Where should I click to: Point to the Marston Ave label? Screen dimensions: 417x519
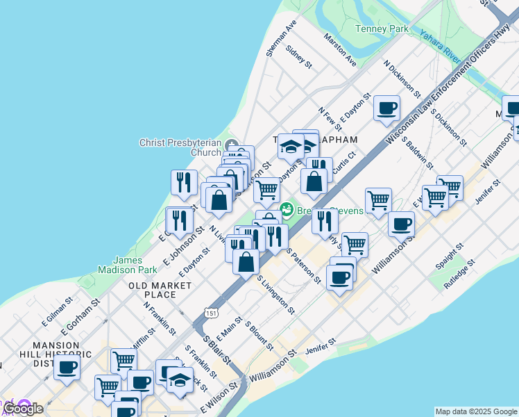point(339,51)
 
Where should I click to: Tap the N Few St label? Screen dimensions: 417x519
point(330,119)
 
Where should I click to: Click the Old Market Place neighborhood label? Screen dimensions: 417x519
point(160,290)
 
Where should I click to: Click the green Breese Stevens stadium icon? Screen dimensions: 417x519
point(286,208)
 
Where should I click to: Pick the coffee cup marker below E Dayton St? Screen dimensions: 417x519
point(386,109)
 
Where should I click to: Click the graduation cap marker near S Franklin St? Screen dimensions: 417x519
point(180,380)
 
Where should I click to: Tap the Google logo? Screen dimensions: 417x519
point(22,409)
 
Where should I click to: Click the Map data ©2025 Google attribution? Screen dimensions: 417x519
point(475,411)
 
